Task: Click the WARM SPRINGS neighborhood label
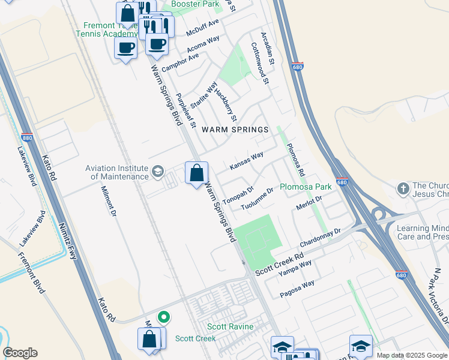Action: (x=235, y=130)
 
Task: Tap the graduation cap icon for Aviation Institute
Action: (x=157, y=172)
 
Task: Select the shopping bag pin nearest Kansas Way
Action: (x=196, y=174)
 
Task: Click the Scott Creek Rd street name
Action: (x=280, y=263)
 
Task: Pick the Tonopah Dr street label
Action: (x=238, y=193)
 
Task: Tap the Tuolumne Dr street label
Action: (x=257, y=199)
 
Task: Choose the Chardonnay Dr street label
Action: (x=320, y=235)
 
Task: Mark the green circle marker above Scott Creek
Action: (x=163, y=316)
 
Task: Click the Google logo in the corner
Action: (x=20, y=353)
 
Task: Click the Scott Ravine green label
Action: (x=230, y=326)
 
